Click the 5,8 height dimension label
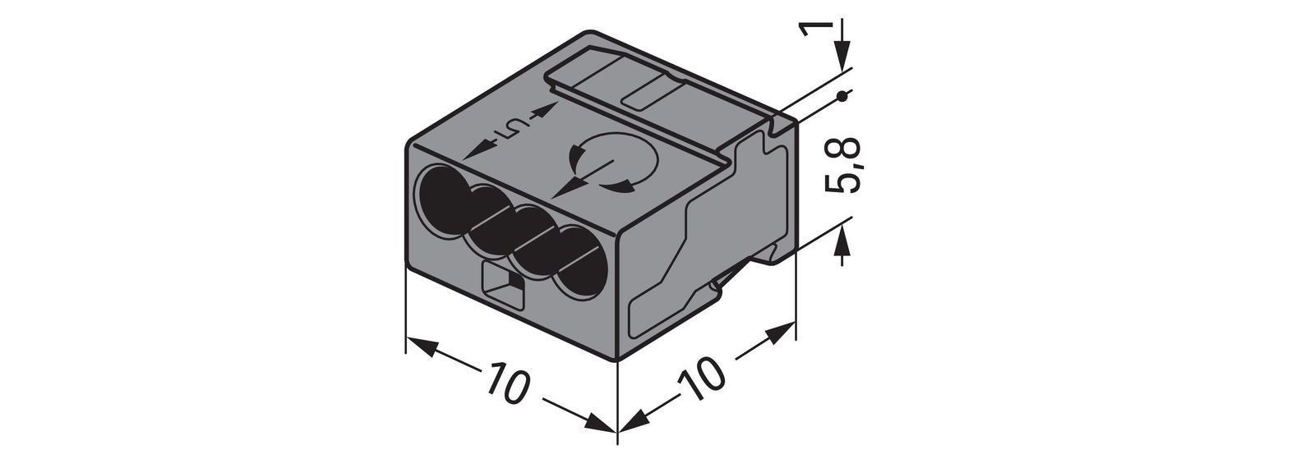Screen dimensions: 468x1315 tap(843, 165)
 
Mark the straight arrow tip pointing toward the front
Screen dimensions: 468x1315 tap(560, 194)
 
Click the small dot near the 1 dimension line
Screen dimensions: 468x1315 tap(841, 99)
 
